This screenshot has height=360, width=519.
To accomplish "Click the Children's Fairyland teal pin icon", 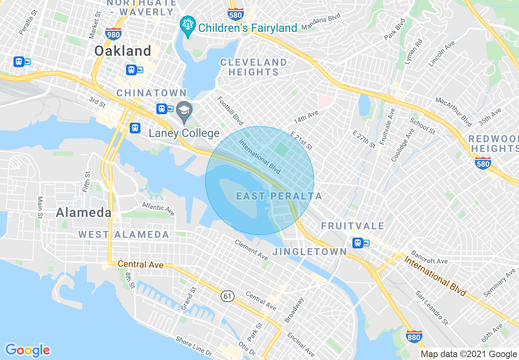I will click(187, 25).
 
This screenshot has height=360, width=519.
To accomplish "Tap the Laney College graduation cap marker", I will click(185, 111).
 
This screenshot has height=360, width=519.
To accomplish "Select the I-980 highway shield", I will click(113, 33).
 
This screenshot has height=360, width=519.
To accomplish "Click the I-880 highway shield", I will click(414, 337).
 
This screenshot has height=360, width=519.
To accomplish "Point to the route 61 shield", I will click(228, 296).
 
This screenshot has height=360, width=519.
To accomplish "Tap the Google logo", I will click(27, 350).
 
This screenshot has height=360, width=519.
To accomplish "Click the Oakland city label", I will click(123, 51).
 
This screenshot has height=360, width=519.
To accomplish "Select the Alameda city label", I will click(83, 213).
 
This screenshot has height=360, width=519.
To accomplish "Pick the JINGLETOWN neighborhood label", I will click(309, 252).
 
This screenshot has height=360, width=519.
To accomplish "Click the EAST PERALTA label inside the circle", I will click(279, 196).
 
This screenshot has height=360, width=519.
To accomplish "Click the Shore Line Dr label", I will click(194, 346).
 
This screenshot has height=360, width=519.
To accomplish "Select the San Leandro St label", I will click(431, 308).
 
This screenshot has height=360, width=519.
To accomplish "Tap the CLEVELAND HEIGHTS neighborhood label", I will click(253, 67).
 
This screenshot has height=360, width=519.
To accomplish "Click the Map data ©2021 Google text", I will click(469, 354).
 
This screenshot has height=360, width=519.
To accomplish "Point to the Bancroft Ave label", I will click(429, 257).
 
